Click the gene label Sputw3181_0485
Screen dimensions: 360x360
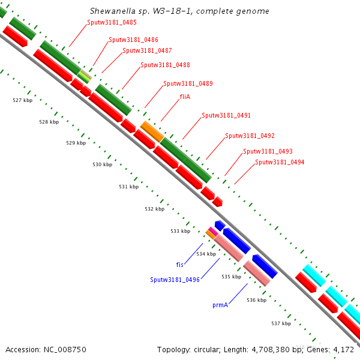pos(112,22)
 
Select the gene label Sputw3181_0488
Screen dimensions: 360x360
pos(165,65)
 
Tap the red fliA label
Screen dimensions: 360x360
pos(185,97)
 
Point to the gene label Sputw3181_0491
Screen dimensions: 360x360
pos(226,115)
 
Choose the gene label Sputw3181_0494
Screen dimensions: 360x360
pos(280,162)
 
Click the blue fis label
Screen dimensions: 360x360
pos(179,264)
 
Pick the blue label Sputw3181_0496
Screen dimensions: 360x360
pos(175,280)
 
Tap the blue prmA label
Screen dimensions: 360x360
pos(220,305)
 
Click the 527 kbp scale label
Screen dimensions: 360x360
pos(22,100)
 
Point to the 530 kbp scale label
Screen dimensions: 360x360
pos(102,164)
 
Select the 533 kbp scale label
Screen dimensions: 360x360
pos(180,231)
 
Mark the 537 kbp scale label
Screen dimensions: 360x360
pos(281,323)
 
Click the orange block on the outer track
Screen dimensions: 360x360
pos(152,131)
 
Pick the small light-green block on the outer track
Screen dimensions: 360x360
pos(86,76)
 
